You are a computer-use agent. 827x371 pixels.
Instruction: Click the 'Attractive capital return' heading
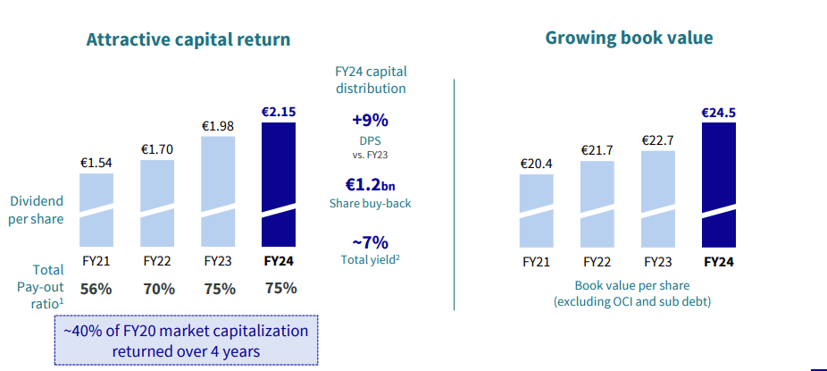[x=188, y=40]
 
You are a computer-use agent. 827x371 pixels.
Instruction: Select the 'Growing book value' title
[x=629, y=38]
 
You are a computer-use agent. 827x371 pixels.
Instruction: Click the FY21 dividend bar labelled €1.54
[x=96, y=209]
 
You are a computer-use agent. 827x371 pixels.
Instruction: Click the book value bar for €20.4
[x=537, y=210]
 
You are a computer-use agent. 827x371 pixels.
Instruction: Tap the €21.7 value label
[x=597, y=149]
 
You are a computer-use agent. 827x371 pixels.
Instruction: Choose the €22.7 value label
[x=658, y=139]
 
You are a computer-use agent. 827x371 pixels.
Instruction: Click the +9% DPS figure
[x=370, y=121]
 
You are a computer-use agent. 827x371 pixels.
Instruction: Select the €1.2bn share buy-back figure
[x=370, y=185]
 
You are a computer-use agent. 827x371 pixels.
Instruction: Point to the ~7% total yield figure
[x=370, y=241]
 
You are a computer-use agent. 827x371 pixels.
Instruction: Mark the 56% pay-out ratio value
[x=96, y=289]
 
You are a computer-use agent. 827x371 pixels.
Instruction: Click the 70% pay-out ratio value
[x=157, y=289]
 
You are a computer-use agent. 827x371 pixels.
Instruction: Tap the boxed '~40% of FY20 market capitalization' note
[x=186, y=341]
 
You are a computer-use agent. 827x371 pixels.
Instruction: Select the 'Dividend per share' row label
[x=38, y=210]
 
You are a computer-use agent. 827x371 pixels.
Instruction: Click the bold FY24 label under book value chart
[x=719, y=262]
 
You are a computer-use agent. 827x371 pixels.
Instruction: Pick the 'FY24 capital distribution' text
[x=370, y=80]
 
